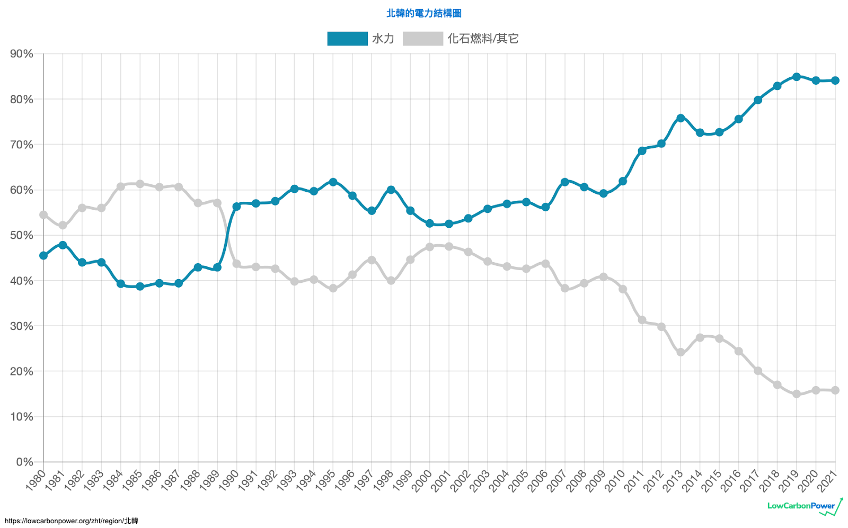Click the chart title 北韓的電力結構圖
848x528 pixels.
click(423, 13)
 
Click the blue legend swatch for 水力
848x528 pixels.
click(347, 39)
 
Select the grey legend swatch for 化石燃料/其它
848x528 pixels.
click(422, 39)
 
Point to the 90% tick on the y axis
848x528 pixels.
click(22, 54)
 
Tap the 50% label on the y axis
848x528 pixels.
click(22, 235)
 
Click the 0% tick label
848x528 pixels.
click(24, 462)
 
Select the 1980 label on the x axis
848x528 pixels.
click(36, 480)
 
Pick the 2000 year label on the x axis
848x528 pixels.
click(422, 480)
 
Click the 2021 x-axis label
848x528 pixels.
click(827, 480)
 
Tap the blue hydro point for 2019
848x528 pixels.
click(796, 77)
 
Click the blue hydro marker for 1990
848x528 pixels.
click(236, 206)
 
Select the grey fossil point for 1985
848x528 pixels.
click(140, 184)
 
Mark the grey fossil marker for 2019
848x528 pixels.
click(796, 394)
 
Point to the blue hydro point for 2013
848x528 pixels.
click(681, 118)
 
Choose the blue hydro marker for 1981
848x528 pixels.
click(63, 245)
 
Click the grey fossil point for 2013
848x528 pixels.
click(681, 352)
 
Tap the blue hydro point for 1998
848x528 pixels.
click(391, 190)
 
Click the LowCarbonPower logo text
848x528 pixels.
click(801, 506)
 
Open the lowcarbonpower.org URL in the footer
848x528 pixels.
click(71, 521)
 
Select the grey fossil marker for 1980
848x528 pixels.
click(43, 215)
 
